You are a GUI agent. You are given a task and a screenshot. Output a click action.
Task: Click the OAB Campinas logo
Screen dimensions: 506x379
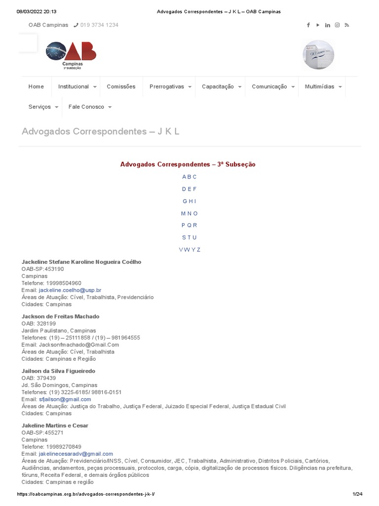click(x=71, y=54)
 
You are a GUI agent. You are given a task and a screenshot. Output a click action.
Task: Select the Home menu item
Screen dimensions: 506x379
click(x=36, y=86)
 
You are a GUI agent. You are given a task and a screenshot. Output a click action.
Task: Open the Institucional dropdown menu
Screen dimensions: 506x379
click(x=77, y=86)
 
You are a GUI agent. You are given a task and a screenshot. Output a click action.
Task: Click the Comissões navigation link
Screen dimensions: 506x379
click(x=121, y=86)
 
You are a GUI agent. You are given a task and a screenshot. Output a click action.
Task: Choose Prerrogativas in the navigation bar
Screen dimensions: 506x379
click(x=170, y=86)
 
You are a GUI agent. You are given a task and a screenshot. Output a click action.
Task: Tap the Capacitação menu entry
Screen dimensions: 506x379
click(x=222, y=86)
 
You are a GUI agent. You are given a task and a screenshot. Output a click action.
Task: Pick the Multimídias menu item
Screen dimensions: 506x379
click(x=324, y=86)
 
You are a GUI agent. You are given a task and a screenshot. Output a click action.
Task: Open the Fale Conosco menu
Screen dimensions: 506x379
click(x=90, y=107)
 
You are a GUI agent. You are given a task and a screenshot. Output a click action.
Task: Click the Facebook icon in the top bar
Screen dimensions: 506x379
click(x=308, y=25)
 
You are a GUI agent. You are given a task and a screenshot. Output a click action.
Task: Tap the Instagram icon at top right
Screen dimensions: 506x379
click(x=337, y=25)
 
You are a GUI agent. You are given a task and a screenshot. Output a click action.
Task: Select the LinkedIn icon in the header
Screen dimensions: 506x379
click(x=328, y=25)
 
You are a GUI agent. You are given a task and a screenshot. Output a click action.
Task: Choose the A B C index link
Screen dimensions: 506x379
click(x=189, y=177)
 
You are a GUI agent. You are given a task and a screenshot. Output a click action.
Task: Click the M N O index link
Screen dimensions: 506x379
click(x=189, y=213)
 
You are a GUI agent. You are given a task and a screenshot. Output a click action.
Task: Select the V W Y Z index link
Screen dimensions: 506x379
click(x=189, y=250)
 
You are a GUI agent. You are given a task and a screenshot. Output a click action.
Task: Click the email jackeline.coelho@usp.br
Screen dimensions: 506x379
click(x=70, y=290)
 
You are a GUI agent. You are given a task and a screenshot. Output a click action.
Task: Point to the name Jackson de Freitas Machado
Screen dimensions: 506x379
click(x=60, y=316)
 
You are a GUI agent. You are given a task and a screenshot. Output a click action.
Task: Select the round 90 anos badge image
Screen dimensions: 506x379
click(x=318, y=55)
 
